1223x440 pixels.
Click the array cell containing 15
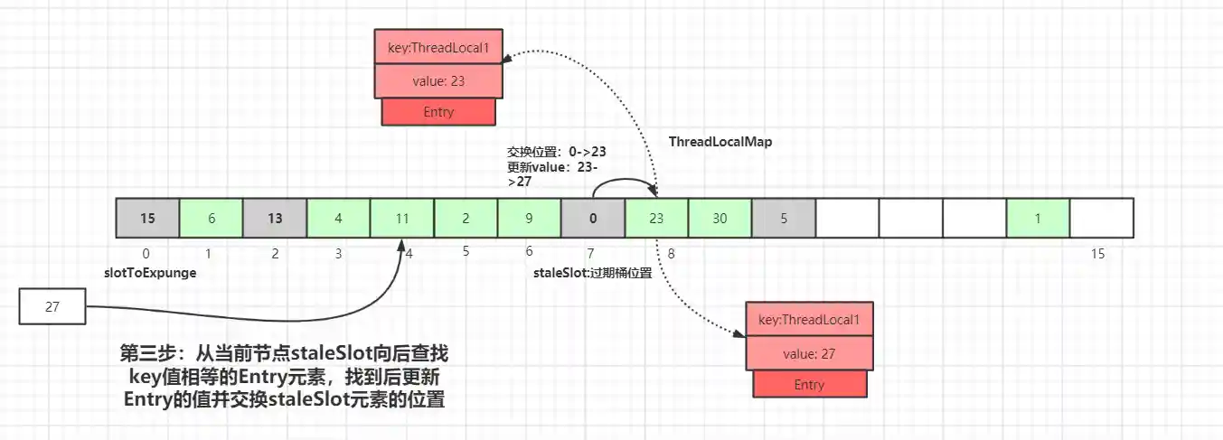(x=147, y=218)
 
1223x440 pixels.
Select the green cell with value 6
(x=211, y=218)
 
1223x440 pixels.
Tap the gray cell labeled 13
(x=275, y=218)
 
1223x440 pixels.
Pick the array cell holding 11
(x=402, y=218)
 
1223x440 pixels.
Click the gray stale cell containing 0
(x=593, y=218)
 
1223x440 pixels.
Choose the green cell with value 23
(x=656, y=218)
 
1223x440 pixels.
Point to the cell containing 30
(x=720, y=218)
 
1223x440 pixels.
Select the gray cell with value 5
(x=783, y=218)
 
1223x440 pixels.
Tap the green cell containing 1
(x=1038, y=218)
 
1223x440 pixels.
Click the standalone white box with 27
(x=52, y=306)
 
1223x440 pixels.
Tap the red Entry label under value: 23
(x=438, y=112)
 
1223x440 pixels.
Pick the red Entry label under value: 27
(x=809, y=385)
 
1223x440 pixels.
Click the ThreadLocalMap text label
(x=720, y=142)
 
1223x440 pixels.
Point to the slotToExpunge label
(x=149, y=272)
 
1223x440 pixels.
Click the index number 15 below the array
(x=1097, y=254)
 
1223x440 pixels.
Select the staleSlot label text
(x=592, y=273)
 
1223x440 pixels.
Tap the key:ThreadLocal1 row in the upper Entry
(x=438, y=46)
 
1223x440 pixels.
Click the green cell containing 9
(x=529, y=218)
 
